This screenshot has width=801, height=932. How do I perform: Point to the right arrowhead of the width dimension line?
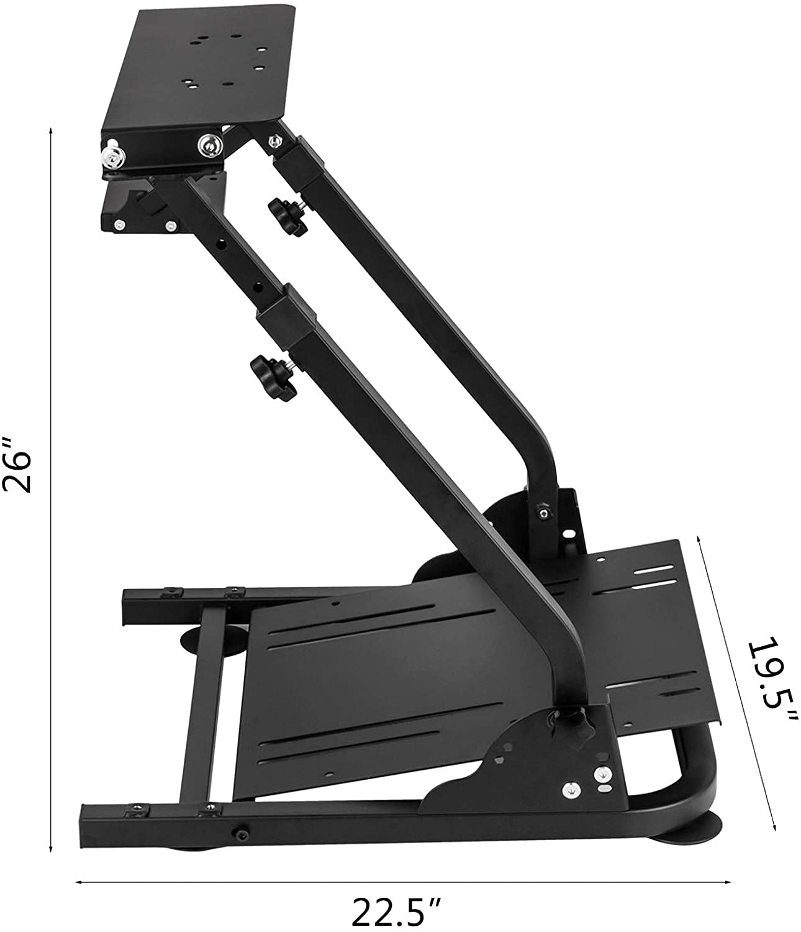[729, 881]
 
